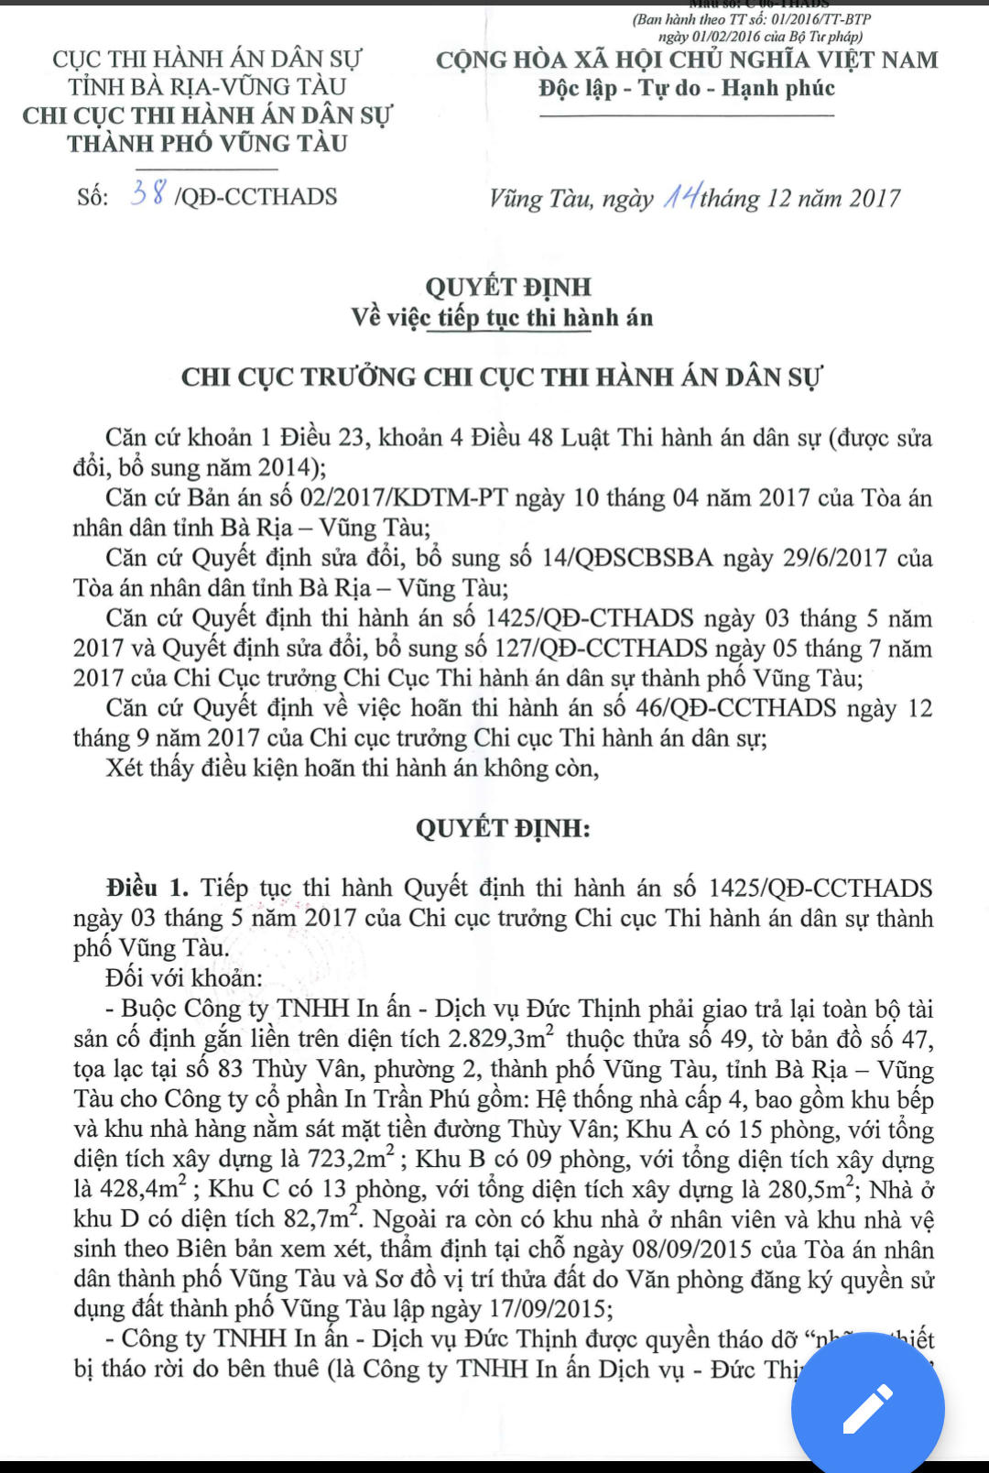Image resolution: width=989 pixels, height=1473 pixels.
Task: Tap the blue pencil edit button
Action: [867, 1409]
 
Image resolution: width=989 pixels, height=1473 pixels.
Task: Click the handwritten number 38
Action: [148, 193]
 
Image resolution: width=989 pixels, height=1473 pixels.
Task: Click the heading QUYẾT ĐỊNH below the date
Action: [508, 287]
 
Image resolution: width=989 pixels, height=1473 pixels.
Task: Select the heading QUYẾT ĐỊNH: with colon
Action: [503, 828]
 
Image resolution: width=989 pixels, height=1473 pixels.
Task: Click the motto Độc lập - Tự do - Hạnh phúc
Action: [687, 89]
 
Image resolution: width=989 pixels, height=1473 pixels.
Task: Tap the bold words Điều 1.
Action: [147, 888]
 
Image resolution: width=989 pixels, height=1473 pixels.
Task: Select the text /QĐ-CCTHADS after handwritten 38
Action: [255, 197]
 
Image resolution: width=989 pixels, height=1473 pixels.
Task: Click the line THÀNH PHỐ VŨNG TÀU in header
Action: [208, 144]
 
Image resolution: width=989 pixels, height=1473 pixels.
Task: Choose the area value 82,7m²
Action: [321, 1219]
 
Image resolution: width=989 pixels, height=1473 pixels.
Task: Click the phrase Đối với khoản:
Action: [183, 977]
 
